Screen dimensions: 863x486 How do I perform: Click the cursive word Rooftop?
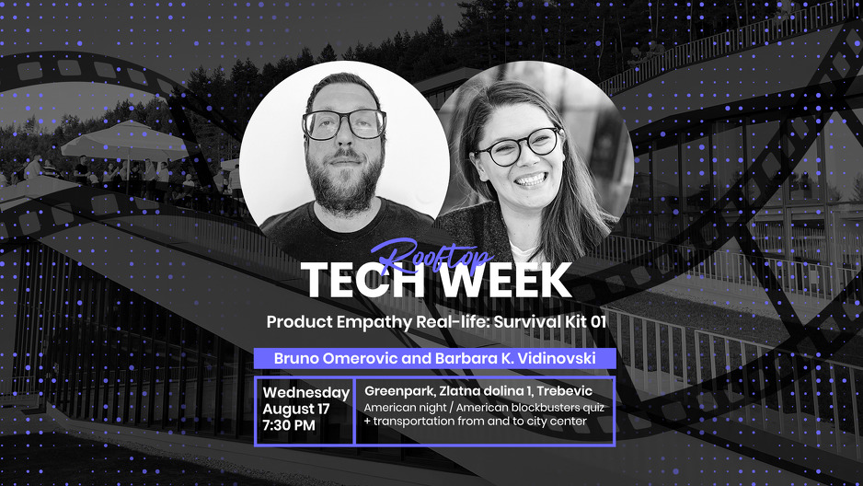[430, 254]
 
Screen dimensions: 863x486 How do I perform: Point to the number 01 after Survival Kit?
[598, 321]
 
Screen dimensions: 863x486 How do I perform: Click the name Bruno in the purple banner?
[296, 358]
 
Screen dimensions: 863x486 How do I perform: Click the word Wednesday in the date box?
[306, 393]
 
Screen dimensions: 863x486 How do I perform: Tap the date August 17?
[296, 409]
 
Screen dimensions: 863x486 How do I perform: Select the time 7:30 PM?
[289, 425]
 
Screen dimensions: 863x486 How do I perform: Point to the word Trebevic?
[565, 391]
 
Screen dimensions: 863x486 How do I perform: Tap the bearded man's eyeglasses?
[344, 124]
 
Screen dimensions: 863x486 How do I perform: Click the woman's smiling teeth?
[531, 179]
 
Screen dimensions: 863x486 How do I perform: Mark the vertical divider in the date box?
[354, 411]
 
